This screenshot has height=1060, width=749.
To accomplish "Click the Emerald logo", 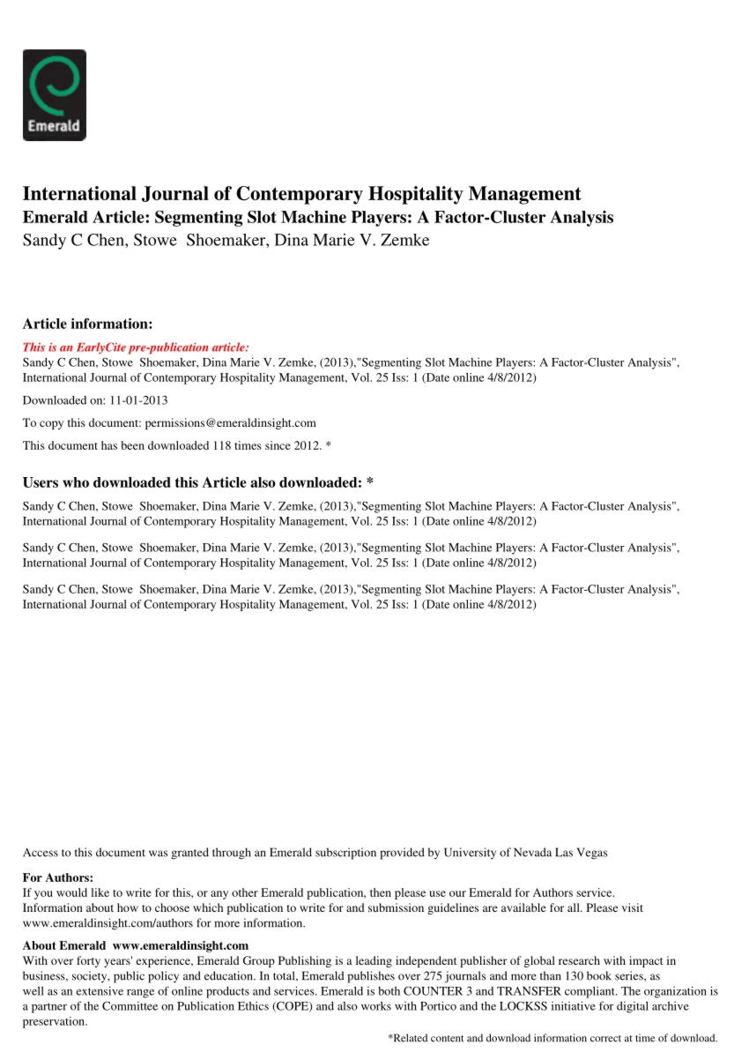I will point(54,95).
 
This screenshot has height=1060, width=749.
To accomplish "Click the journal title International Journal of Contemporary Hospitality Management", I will point(301,194).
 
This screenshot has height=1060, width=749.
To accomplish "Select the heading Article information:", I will point(87,324).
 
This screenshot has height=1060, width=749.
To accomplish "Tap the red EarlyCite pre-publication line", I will point(136,347).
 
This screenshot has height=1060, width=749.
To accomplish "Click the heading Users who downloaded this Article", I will point(198,482).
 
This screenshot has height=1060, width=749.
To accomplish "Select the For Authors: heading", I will point(57,877).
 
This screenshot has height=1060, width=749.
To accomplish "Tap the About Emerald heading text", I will point(63,946).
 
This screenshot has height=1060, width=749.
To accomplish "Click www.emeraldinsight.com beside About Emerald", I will point(181,946).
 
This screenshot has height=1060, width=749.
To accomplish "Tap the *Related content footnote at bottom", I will point(552,1038).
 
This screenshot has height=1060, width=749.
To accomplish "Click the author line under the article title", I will point(226,240).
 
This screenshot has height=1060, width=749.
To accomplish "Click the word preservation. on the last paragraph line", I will point(55,1022).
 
